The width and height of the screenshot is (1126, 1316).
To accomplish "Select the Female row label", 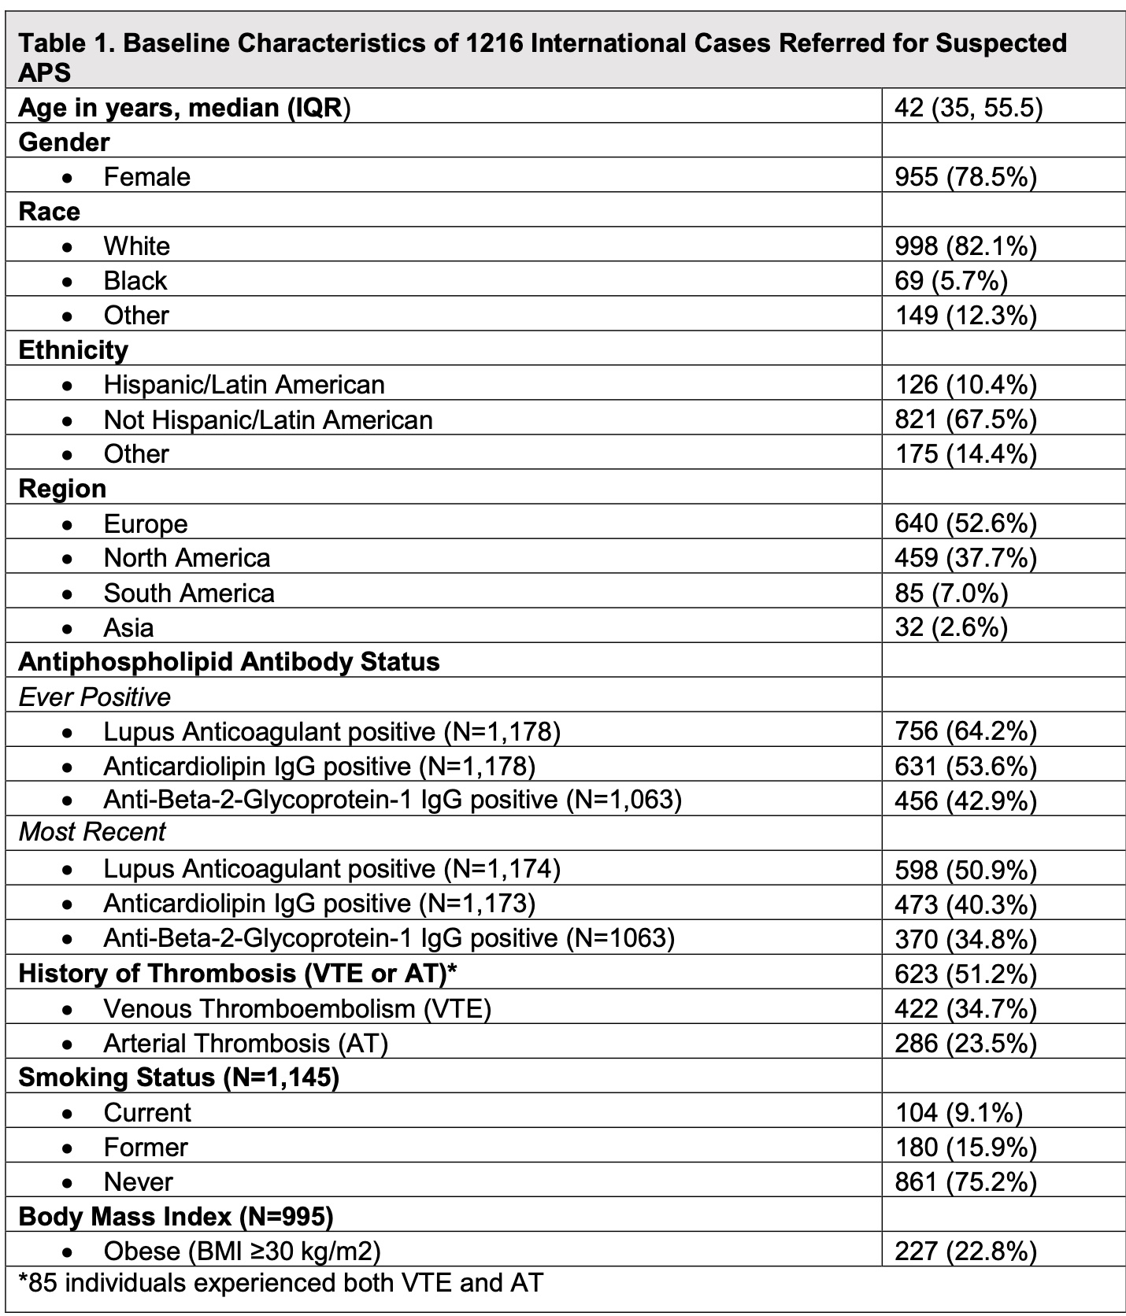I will (x=146, y=176).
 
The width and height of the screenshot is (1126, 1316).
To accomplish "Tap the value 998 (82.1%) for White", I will (x=965, y=246).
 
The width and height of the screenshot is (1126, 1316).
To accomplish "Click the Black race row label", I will (x=135, y=281).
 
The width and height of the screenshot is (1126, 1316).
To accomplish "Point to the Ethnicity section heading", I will (x=73, y=349).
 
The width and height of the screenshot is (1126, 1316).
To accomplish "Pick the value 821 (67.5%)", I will (x=965, y=420).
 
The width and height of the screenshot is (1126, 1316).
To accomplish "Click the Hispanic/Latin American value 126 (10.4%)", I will (x=965, y=385).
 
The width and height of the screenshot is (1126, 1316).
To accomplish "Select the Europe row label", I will (x=146, y=523).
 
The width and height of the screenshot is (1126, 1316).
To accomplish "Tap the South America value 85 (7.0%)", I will (x=951, y=593).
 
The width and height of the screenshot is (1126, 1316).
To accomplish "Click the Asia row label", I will (x=128, y=627).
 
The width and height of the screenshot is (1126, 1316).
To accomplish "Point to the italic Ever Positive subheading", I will (x=94, y=697).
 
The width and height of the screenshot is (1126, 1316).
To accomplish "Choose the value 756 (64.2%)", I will (x=965, y=731).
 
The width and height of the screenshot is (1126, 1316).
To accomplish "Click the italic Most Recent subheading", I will (x=92, y=832).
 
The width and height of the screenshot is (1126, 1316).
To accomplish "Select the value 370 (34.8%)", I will (x=965, y=939).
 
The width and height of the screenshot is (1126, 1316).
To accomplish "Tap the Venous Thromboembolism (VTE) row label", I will (x=297, y=1008).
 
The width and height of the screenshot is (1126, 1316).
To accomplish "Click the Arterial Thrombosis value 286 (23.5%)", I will (x=965, y=1043).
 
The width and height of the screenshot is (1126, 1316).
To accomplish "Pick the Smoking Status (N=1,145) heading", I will (x=179, y=1078).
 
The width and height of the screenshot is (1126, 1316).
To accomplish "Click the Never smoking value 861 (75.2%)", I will (x=965, y=1181).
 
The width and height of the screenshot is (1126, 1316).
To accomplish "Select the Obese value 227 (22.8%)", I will (x=965, y=1251).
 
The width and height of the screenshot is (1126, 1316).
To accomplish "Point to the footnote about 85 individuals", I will (x=280, y=1283).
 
